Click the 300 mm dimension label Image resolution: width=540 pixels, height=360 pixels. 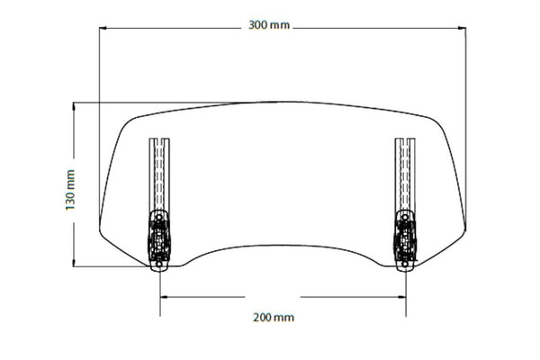pos(269,26)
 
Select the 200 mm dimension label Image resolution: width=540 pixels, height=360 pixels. pos(273,318)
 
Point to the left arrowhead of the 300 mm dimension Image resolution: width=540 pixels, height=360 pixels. pos(103,27)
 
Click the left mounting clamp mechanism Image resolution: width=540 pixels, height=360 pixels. pos(157,238)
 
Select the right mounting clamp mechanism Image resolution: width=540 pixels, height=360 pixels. pos(405,238)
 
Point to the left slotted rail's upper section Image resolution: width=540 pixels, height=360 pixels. pos(158,171)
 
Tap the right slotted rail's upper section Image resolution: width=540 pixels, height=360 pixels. pos(405,171)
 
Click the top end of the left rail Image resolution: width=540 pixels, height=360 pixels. pos(158,139)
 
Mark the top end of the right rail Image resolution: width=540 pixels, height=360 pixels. pos(405,139)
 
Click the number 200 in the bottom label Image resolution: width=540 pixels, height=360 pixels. pos(263,318)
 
